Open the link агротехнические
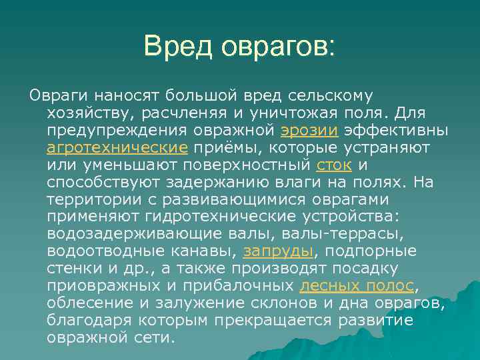pos(117,147)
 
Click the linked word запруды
pos(278,251)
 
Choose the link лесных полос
pos(357,286)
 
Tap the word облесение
pos(88,303)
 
